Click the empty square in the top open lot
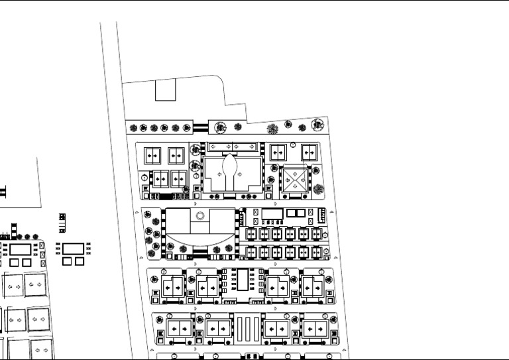click(164, 90)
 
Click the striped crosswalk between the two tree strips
click(201, 127)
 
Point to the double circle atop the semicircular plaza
click(201, 215)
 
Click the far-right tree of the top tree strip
click(319, 124)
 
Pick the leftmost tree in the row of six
click(133, 128)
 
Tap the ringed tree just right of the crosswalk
click(219, 126)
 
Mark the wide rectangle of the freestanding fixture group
click(74, 249)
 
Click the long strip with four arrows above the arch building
click(231, 146)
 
